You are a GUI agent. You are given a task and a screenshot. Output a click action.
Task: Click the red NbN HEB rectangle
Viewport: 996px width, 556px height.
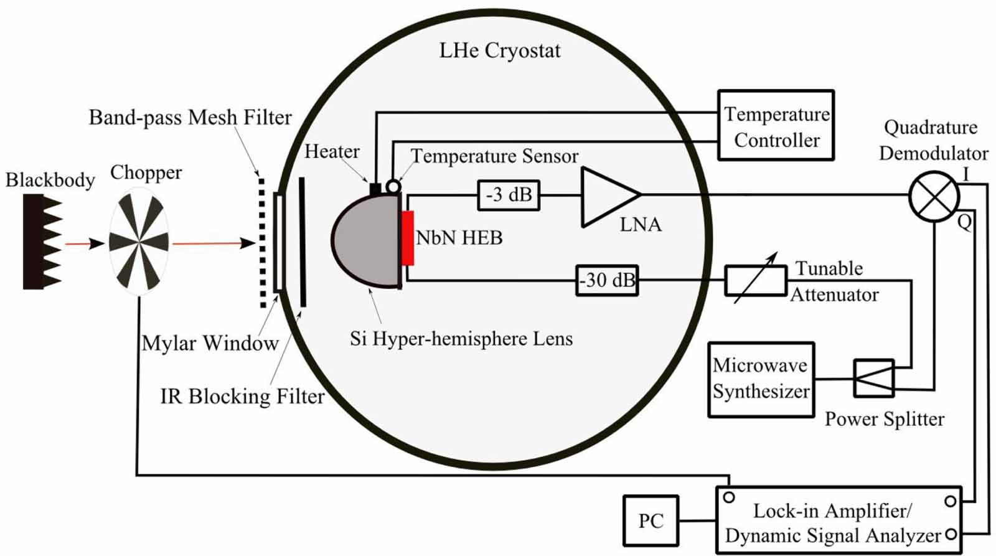[408, 238]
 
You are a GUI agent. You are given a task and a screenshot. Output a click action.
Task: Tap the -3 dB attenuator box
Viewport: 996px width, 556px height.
[509, 195]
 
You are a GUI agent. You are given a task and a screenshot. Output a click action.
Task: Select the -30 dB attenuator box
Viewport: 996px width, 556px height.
[607, 280]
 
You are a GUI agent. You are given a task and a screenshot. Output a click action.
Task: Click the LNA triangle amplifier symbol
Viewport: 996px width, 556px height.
[607, 196]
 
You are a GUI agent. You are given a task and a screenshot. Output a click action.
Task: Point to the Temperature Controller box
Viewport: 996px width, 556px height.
[776, 126]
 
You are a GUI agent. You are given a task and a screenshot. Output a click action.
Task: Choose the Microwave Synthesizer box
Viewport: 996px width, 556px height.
[761, 379]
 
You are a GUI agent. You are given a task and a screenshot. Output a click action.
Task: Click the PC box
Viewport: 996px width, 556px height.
[651, 521]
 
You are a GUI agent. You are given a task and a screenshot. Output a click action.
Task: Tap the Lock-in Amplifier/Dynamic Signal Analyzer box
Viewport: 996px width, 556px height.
[839, 521]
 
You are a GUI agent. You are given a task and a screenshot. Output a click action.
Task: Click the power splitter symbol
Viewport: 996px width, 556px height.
[874, 378]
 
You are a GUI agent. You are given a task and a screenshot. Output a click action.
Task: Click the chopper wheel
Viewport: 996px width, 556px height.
[139, 242]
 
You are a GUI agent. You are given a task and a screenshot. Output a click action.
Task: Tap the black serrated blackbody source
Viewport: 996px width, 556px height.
[39, 242]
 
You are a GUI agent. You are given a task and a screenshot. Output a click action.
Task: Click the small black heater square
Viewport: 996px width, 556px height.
[375, 188]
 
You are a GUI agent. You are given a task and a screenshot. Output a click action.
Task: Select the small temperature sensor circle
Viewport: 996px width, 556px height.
[393, 186]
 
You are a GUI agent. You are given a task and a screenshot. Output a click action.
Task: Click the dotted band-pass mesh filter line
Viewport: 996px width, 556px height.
[262, 243]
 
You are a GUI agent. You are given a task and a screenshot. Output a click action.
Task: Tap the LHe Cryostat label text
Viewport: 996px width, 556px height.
[499, 50]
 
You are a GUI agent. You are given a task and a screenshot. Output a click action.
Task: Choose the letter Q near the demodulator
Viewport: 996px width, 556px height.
[964, 222]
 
